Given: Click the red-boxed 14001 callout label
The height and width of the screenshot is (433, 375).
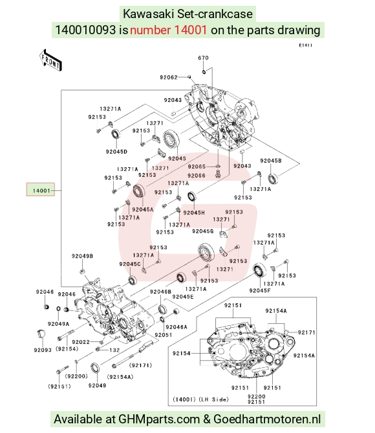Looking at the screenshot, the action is coord(41,190).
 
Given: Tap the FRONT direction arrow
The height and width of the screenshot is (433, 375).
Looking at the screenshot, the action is coord(50,60).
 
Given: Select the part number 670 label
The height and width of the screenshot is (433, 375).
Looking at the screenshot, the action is coord(203,57).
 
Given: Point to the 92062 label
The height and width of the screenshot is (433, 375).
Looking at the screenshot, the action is coord(169,77).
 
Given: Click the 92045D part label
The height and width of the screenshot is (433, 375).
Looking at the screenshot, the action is coord(116,152).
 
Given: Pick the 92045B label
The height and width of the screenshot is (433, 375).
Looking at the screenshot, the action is coord(271,161).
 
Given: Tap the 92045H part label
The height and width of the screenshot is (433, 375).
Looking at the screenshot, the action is coord(194,213).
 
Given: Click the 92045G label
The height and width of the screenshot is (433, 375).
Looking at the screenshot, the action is coord(203,231).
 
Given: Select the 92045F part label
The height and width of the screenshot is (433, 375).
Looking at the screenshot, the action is coord(260,290).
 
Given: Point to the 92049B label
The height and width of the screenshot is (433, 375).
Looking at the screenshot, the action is coord(82,256).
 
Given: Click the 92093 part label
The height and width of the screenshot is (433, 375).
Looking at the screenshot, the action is coord(43,350).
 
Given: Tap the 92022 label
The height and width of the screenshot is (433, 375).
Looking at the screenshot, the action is coord(81,342).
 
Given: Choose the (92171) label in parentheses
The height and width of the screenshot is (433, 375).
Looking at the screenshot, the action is coord(140,365).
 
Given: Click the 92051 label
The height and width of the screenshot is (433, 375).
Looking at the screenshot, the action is coord(164,335).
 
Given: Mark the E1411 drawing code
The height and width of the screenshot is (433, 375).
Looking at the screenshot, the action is coord(305,45).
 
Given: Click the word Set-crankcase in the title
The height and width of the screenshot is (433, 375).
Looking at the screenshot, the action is coord(215,14).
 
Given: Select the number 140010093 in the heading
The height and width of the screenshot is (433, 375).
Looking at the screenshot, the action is coord(85,30).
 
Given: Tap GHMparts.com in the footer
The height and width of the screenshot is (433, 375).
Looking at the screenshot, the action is coord(159,419).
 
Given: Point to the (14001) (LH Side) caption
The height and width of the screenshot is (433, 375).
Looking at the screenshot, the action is coord(200,399).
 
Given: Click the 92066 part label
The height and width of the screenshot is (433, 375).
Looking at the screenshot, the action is coord(196,176).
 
